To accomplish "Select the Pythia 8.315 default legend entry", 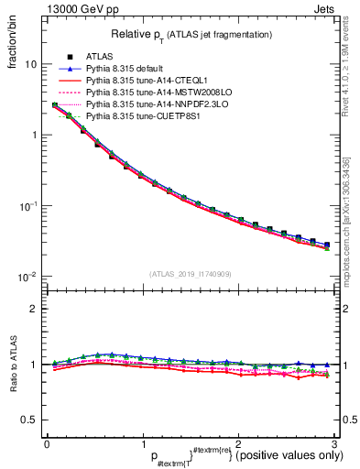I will point(126,69).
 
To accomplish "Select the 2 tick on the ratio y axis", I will point(34,309).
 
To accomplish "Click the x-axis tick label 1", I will point(142,443).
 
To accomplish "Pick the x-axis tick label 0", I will point(47,443).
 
